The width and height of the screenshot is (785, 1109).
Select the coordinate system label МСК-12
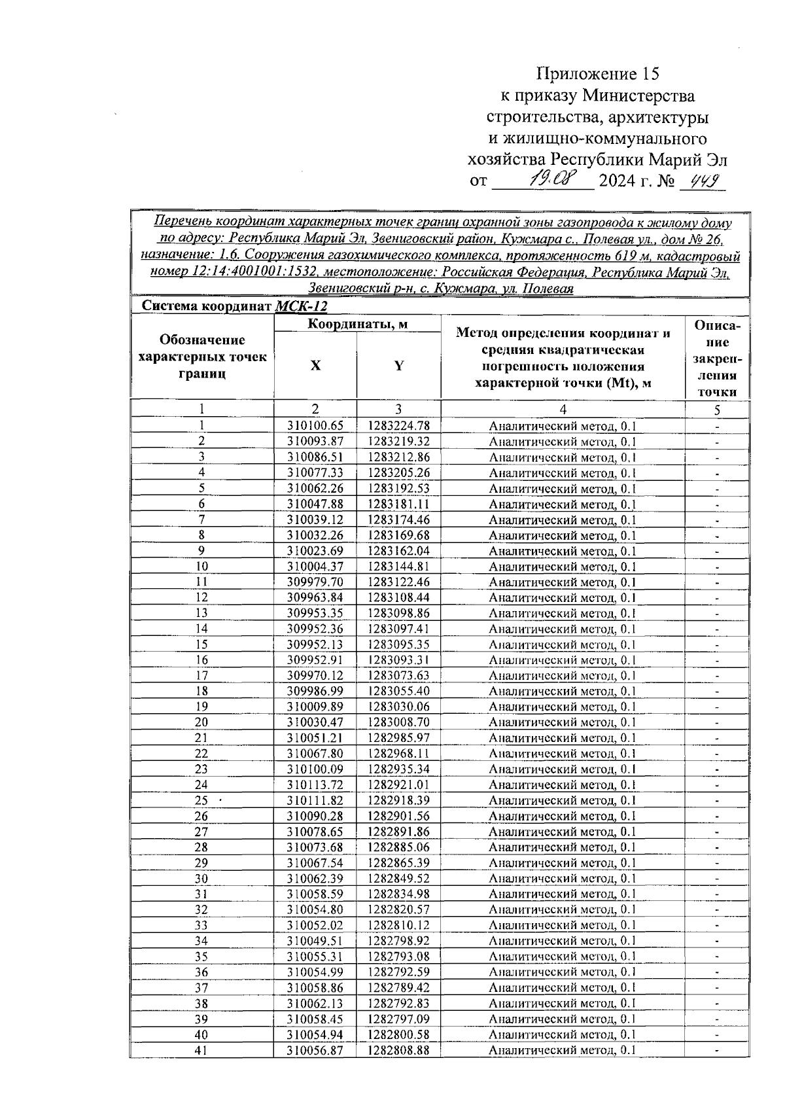coord(301,306)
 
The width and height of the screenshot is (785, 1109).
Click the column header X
coord(315,366)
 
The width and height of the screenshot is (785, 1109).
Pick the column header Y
coord(398,366)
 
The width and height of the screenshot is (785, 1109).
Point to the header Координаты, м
coord(357,323)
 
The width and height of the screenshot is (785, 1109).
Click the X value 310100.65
coord(315,426)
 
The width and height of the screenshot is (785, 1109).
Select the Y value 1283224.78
coord(398,426)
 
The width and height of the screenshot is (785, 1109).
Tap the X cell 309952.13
coord(315,644)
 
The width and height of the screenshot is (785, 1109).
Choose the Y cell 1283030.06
coord(398,707)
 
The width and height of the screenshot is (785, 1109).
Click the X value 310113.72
coord(315,784)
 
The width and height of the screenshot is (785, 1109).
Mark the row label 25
coord(201,800)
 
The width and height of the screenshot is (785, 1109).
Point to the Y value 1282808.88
coord(398,1050)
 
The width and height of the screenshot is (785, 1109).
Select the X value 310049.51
coord(315,941)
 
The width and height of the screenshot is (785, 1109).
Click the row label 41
coord(201,1050)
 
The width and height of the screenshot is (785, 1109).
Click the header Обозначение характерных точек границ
coord(203,357)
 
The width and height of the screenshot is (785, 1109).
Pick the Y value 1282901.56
coord(398,816)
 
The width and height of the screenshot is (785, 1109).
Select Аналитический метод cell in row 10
coord(563,567)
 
